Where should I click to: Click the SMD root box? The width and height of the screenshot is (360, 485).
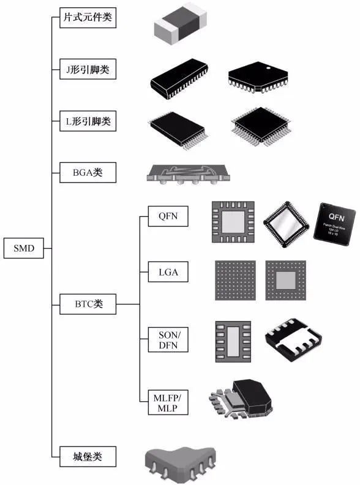tap(24, 248)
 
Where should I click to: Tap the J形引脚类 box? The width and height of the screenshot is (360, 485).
tap(88, 70)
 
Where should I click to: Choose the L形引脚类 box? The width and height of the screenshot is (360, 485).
tap(88, 122)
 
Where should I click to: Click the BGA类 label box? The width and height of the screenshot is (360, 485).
tap(88, 173)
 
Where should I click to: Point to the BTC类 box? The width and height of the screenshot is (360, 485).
tap(88, 304)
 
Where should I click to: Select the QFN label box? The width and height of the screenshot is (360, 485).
tap(168, 216)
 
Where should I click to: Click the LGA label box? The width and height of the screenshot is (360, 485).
tap(168, 271)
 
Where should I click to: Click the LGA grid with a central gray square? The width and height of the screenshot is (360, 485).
tap(286, 280)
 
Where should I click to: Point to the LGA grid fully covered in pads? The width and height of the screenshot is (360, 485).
tap(234, 280)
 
